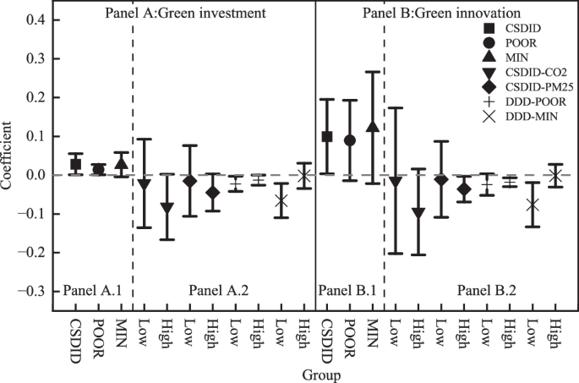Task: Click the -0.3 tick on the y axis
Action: (37, 291)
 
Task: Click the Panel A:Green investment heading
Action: (187, 14)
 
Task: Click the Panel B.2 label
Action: (487, 290)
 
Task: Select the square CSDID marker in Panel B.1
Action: (327, 136)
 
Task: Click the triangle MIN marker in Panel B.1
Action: (372, 127)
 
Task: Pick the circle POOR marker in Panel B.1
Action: (349, 140)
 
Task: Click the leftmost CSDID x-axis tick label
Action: (76, 331)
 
